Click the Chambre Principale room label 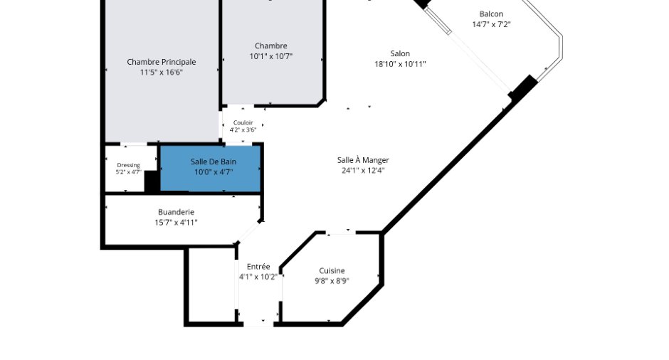tap(162, 62)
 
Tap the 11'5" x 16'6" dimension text tap(162, 73)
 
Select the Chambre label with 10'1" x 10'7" tap(271, 46)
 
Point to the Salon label tap(400, 53)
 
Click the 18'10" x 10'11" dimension tap(400, 64)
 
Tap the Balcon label tap(491, 14)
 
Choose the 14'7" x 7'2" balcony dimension tap(491, 24)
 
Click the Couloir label tap(243, 122)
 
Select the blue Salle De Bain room tap(211, 169)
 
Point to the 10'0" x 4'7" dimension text tap(214, 172)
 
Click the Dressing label tap(128, 165)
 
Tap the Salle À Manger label tap(363, 160)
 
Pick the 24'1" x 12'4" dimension tap(363, 171)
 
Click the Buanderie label tap(176, 212)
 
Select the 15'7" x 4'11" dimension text tap(176, 222)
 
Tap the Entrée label tap(258, 267)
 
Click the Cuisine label tap(332, 270)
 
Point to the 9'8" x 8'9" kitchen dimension tap(332, 281)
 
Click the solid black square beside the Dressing tap(152, 181)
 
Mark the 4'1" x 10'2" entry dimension tap(258, 277)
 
